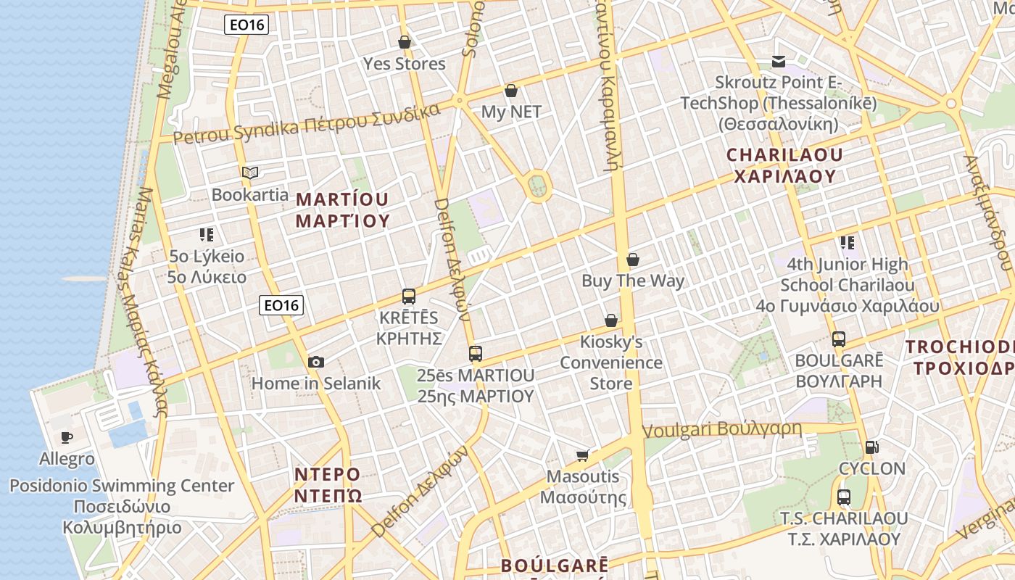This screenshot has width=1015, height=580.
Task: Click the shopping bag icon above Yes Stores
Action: click(x=405, y=42)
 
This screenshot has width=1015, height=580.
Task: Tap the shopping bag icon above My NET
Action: click(x=511, y=91)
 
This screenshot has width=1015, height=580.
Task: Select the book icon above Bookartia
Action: click(x=250, y=173)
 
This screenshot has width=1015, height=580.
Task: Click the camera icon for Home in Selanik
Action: click(x=316, y=362)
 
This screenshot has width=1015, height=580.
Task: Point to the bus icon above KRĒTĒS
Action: click(x=409, y=296)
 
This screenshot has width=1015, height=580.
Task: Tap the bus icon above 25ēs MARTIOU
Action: click(x=476, y=353)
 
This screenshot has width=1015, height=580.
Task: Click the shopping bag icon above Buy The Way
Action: click(x=633, y=259)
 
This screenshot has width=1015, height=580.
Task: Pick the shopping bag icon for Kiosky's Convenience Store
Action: click(x=611, y=320)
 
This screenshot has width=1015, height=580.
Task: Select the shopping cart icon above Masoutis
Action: click(x=583, y=455)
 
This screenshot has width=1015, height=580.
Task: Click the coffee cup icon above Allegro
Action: click(x=67, y=436)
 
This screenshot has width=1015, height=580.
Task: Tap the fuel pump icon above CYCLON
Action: click(x=871, y=447)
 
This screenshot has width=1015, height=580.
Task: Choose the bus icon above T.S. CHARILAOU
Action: click(x=844, y=497)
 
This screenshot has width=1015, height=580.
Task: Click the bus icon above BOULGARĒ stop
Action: click(x=839, y=339)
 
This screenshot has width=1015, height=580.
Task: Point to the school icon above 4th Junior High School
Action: click(x=847, y=242)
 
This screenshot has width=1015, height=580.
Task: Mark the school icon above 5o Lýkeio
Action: click(x=207, y=234)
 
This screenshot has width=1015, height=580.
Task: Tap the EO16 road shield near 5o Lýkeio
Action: click(x=281, y=305)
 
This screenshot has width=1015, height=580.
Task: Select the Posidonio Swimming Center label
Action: click(x=122, y=486)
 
